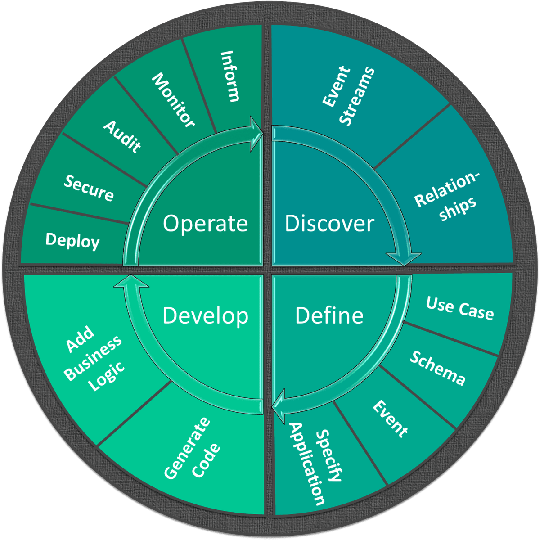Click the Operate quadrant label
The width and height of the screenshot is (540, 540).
click(205, 223)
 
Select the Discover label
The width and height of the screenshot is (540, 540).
click(329, 223)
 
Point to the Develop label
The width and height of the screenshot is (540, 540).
click(205, 315)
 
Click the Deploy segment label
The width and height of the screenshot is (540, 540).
click(72, 240)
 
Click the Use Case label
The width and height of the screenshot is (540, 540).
click(460, 308)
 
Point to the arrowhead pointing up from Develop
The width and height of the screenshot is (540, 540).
click(130, 281)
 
